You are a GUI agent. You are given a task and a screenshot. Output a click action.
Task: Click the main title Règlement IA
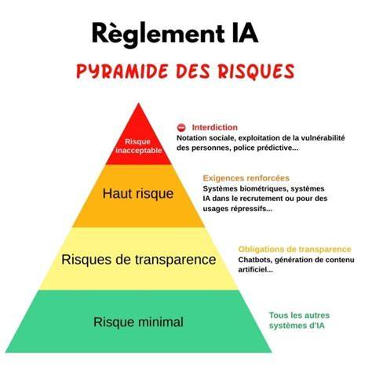coord(175,34)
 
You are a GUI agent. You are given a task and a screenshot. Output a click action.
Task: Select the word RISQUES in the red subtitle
coord(257,71)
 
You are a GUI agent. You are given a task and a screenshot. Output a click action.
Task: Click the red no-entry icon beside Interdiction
coord(181,128)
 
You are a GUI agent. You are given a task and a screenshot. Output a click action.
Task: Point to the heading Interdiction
coord(215,127)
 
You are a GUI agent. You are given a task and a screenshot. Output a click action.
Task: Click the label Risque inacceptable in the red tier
coord(138,146)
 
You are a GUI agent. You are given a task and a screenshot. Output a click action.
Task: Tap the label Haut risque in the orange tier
coord(138,194)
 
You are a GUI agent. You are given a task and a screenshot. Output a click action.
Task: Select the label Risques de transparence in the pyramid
coord(139,260)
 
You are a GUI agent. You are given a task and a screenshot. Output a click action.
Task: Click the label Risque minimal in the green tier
coord(138,322)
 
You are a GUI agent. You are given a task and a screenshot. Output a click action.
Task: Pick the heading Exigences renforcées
coord(246,178)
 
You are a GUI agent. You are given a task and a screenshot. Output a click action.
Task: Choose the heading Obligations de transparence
coord(294,250)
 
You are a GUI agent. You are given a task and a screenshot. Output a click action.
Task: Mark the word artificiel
coord(255,270)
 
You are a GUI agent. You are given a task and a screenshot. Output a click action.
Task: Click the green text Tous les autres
coord(299,315)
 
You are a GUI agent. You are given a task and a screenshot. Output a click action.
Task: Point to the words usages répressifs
coord(238,209)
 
